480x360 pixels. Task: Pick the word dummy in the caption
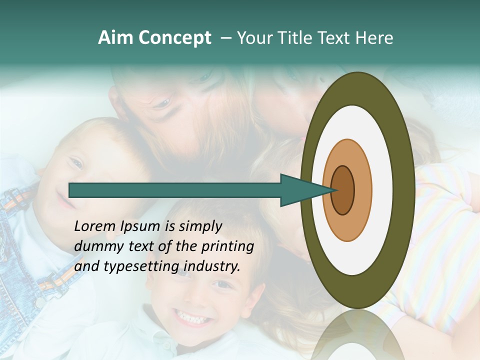coord(96,246)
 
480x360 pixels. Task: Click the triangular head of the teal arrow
coord(300,190)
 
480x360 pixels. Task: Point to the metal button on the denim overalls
coord(39,302)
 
